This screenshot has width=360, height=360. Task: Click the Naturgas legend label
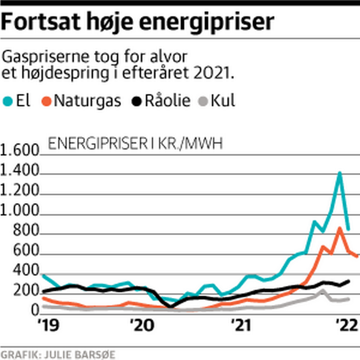[x=87, y=101]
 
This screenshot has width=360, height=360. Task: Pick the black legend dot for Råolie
[x=136, y=101]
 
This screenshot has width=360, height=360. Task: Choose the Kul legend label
[x=222, y=101]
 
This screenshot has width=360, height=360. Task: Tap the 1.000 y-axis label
[x=19, y=213]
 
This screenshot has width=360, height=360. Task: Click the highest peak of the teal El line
[x=340, y=173]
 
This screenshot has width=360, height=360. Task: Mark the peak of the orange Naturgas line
[x=340, y=228]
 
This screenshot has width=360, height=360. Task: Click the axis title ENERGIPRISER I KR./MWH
[x=136, y=144]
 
